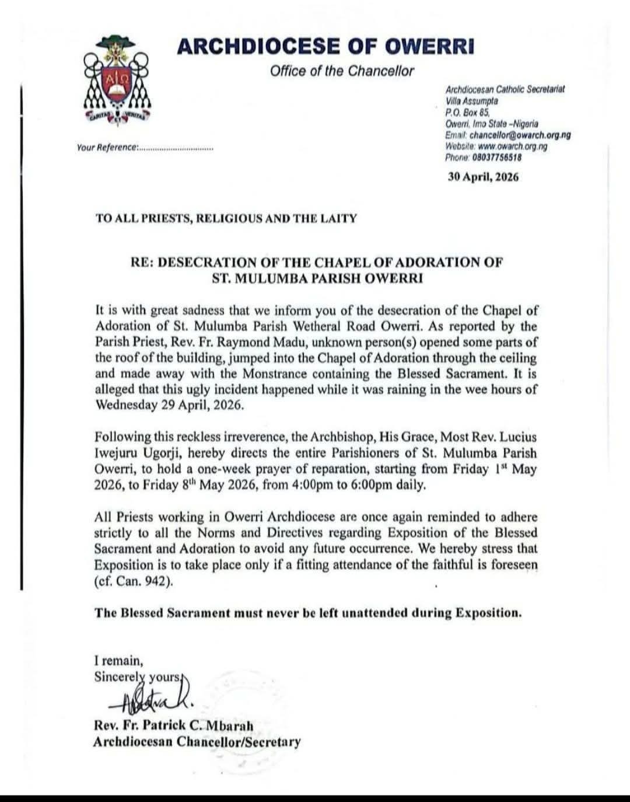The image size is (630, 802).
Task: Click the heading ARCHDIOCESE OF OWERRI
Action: click(x=325, y=46)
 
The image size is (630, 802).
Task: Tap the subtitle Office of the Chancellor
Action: click(x=342, y=71)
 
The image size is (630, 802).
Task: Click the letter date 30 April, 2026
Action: click(x=482, y=177)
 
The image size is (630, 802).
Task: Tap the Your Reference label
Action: click(x=107, y=148)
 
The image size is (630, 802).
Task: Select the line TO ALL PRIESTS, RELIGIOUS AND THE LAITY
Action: click(x=226, y=218)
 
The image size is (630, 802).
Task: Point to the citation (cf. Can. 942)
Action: click(x=134, y=581)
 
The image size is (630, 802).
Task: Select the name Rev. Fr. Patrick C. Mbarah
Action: click(x=173, y=726)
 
